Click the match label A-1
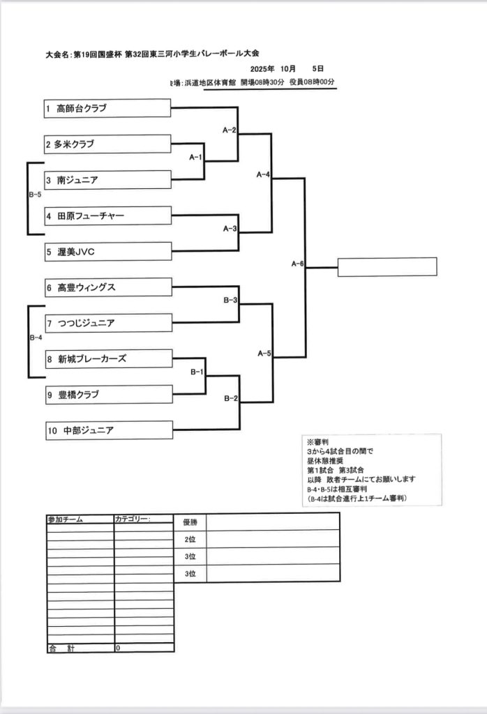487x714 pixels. pyautogui.click(x=195, y=157)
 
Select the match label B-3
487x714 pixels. pyautogui.click(x=230, y=300)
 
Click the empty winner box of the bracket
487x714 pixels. pyautogui.click(x=387, y=267)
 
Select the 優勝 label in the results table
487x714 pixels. pyautogui.click(x=190, y=522)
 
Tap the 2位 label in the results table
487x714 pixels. pyautogui.click(x=190, y=540)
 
